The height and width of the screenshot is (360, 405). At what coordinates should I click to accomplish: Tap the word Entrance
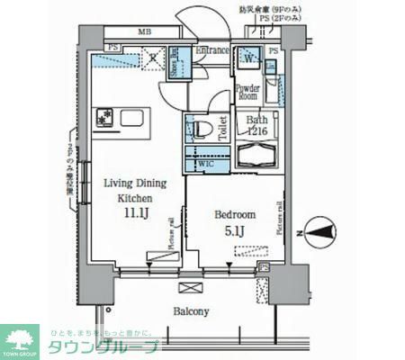(212, 52)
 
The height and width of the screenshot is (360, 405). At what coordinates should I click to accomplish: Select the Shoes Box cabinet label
(175, 64)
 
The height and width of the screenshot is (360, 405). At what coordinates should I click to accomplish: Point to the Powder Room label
(247, 94)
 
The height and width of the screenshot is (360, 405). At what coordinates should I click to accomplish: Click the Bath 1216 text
(257, 125)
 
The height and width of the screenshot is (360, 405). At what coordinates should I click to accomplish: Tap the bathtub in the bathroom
(257, 157)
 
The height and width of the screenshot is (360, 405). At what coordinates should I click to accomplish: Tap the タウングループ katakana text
(103, 347)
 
